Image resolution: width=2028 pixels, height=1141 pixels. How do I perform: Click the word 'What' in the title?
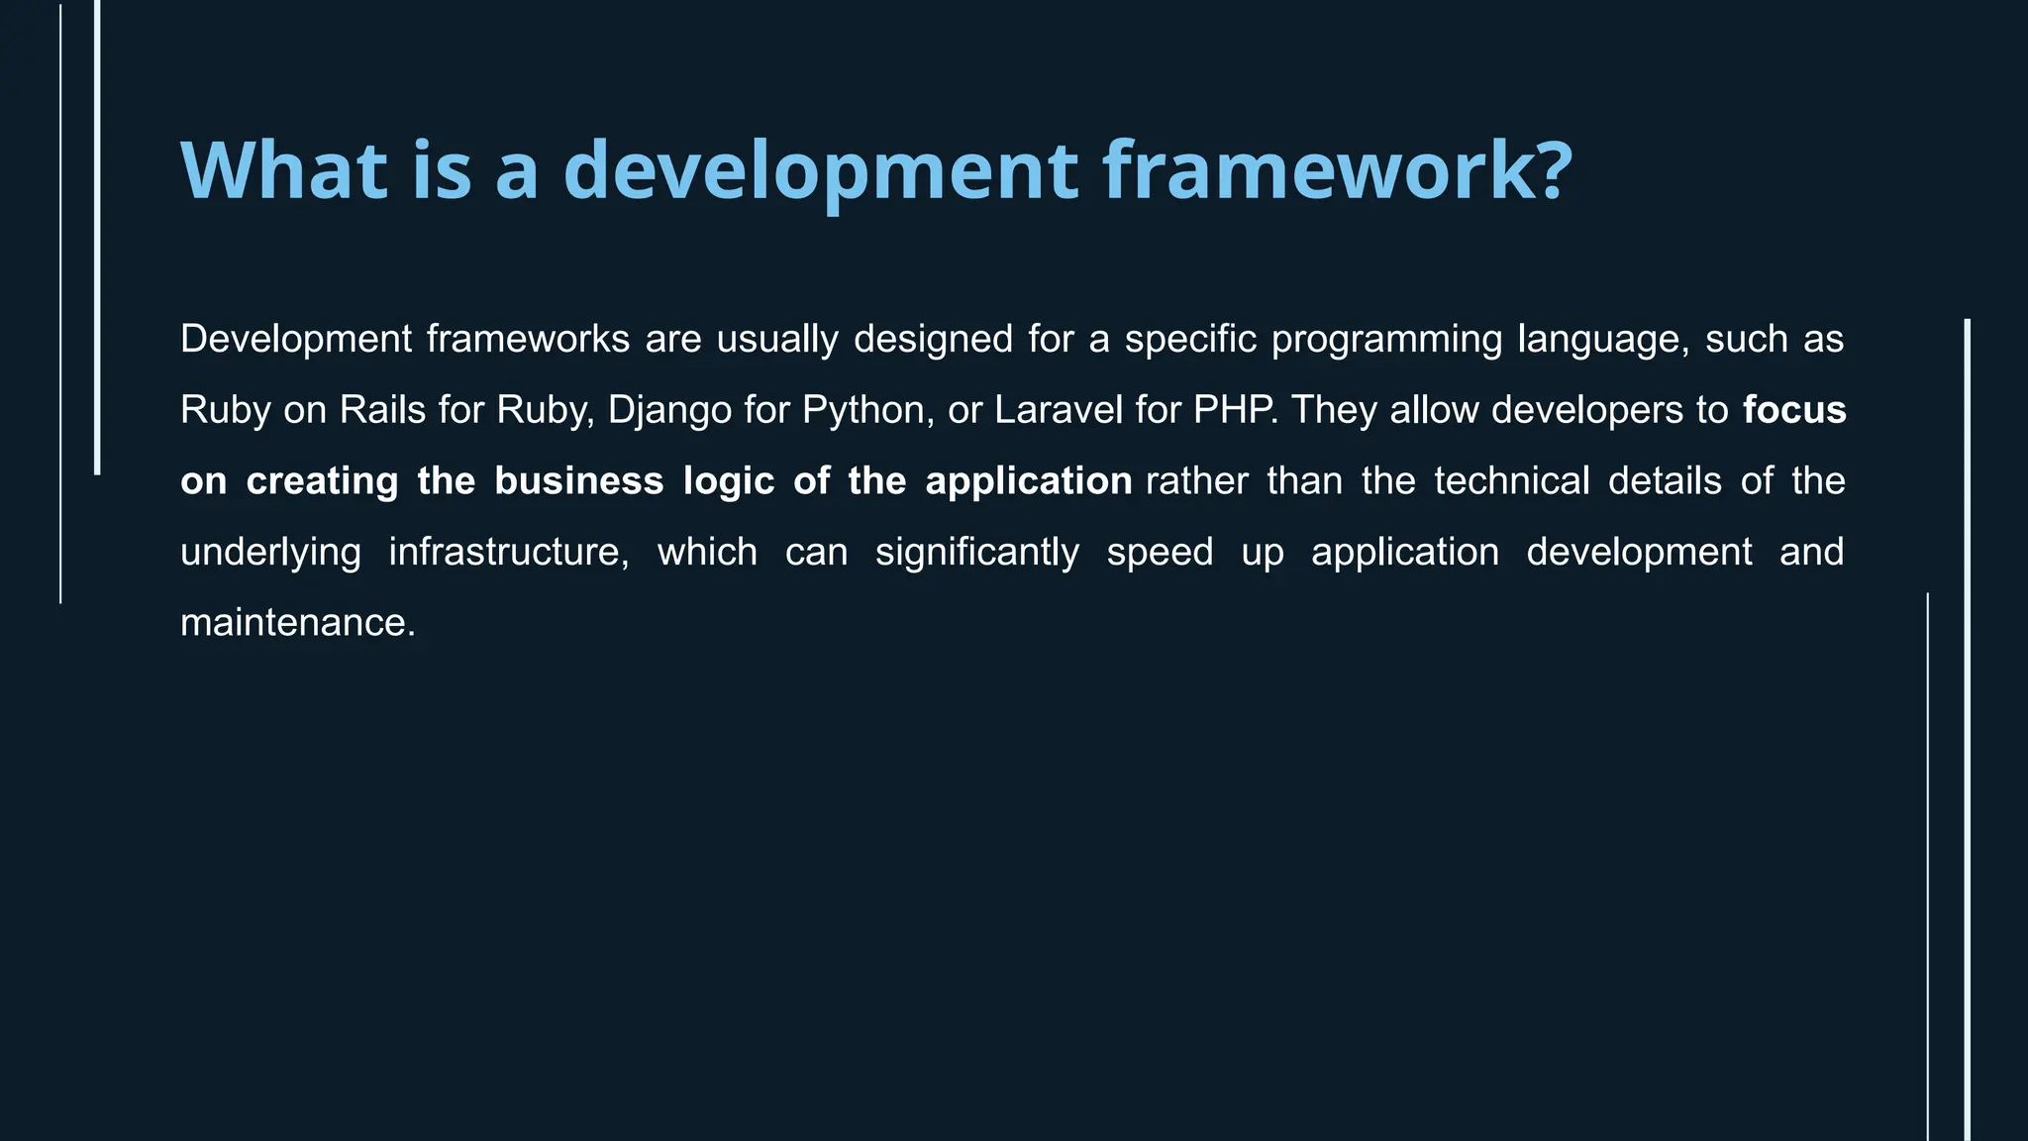283,170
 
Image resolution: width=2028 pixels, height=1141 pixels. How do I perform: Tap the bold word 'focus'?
1793,410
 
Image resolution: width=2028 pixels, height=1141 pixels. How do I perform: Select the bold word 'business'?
578,481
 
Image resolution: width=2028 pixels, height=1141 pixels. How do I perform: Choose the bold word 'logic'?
728,481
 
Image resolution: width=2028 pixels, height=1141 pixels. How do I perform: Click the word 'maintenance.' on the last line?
297,623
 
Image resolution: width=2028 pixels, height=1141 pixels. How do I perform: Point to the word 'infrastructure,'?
508,552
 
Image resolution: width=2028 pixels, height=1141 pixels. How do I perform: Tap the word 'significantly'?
976,552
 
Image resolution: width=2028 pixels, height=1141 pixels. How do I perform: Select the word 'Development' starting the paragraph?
295,340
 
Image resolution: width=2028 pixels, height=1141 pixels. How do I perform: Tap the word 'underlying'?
270,552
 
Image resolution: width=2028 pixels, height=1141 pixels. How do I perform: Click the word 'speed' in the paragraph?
1159,552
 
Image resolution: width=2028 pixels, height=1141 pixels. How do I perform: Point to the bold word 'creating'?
322,481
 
